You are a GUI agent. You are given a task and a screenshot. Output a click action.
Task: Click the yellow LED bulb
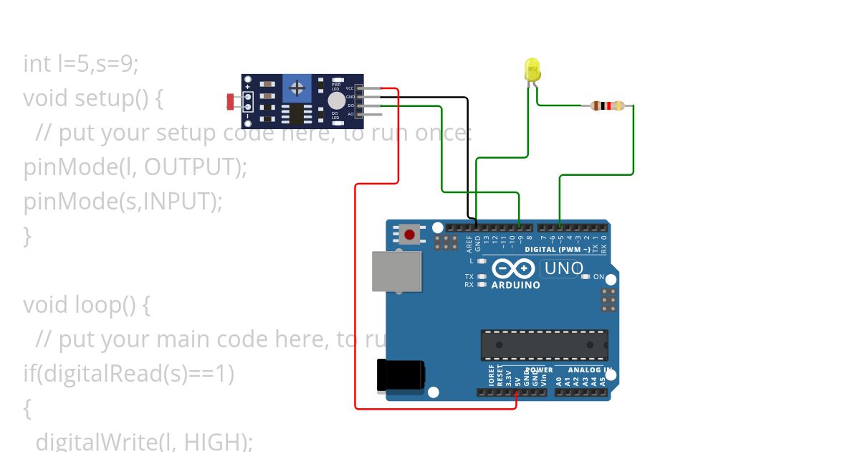pyautogui.click(x=532, y=70)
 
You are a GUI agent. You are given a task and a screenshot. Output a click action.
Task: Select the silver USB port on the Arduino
pyautogui.click(x=396, y=271)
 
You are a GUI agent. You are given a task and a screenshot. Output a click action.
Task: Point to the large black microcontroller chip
pyautogui.click(x=544, y=345)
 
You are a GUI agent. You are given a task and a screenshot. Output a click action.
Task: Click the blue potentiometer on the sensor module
pyautogui.click(x=295, y=88)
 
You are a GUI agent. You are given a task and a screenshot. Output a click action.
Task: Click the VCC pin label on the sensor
pyautogui.click(x=350, y=88)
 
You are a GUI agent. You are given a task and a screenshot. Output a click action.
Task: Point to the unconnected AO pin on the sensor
pyautogui.click(x=370, y=114)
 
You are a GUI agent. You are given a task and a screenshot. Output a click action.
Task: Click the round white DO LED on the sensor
pyautogui.click(x=336, y=100)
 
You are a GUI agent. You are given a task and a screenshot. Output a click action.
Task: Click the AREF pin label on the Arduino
pyautogui.click(x=469, y=243)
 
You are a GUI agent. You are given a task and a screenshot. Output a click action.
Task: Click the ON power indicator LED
pyautogui.click(x=586, y=277)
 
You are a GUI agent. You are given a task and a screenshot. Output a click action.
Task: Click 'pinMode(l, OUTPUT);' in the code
pyautogui.click(x=135, y=167)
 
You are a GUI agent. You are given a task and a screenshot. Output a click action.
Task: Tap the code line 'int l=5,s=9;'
pyautogui.click(x=80, y=64)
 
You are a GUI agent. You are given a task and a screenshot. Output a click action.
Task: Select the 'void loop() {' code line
pyautogui.click(x=86, y=305)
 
